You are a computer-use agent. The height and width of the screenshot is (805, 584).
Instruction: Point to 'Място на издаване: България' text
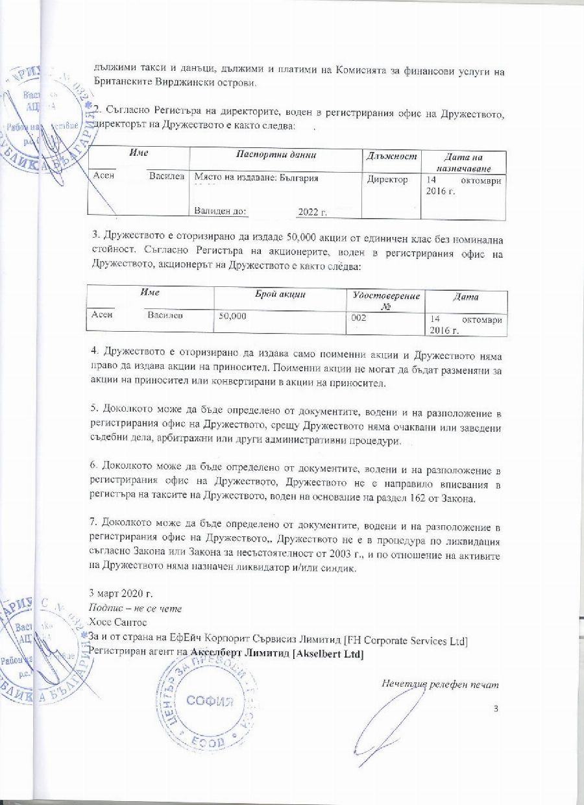[x=256, y=177]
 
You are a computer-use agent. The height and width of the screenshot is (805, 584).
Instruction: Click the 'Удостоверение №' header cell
[x=385, y=300]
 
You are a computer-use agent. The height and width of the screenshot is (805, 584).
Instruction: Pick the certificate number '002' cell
[x=358, y=317]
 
